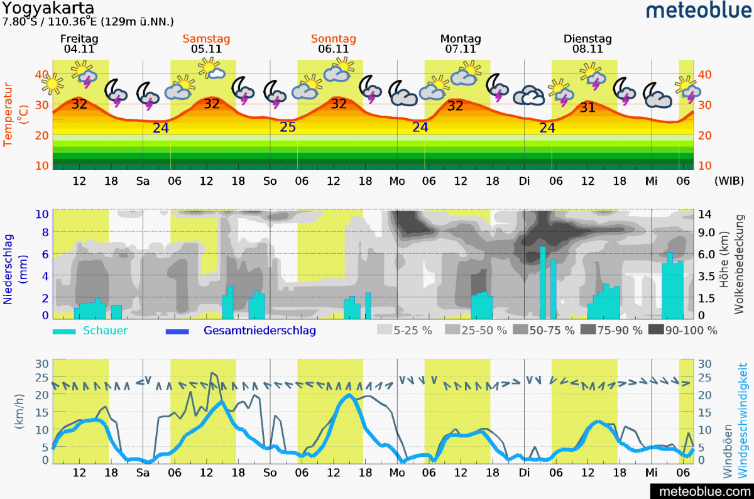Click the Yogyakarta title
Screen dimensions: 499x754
[48, 8]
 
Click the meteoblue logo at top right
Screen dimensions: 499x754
[697, 10]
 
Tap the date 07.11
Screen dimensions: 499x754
[461, 48]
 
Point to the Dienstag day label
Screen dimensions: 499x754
[587, 39]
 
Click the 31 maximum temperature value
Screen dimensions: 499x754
[587, 107]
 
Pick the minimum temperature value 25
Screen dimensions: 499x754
[288, 128]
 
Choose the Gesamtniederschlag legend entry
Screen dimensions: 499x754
[260, 331]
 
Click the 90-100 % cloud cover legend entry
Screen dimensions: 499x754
[691, 331]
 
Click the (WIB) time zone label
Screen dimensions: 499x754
[729, 180]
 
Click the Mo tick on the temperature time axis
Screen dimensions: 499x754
[397, 181]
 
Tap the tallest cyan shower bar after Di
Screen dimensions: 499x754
[543, 282]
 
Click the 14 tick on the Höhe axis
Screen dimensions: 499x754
[704, 214]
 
